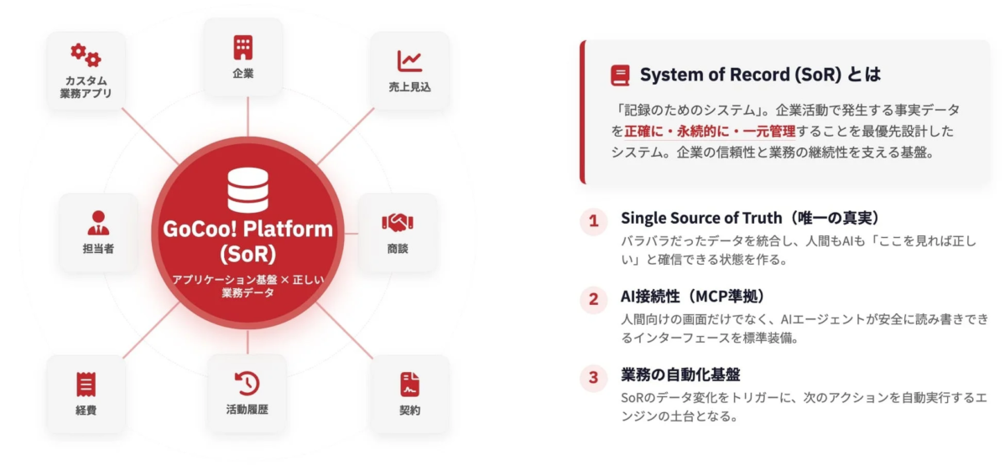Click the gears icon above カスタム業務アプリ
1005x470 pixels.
click(x=86, y=55)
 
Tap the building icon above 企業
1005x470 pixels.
click(x=243, y=47)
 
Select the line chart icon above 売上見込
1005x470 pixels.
click(x=409, y=60)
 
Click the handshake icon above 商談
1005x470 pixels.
click(x=398, y=222)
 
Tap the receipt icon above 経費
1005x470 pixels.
click(x=86, y=384)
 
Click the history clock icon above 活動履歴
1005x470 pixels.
click(x=247, y=384)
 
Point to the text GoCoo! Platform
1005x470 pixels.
click(x=247, y=230)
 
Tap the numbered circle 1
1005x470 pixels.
click(x=593, y=221)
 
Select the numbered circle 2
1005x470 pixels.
click(x=593, y=299)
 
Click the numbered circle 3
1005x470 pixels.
click(x=593, y=377)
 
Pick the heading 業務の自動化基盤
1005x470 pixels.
click(x=680, y=374)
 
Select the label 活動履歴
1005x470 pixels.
click(x=247, y=410)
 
